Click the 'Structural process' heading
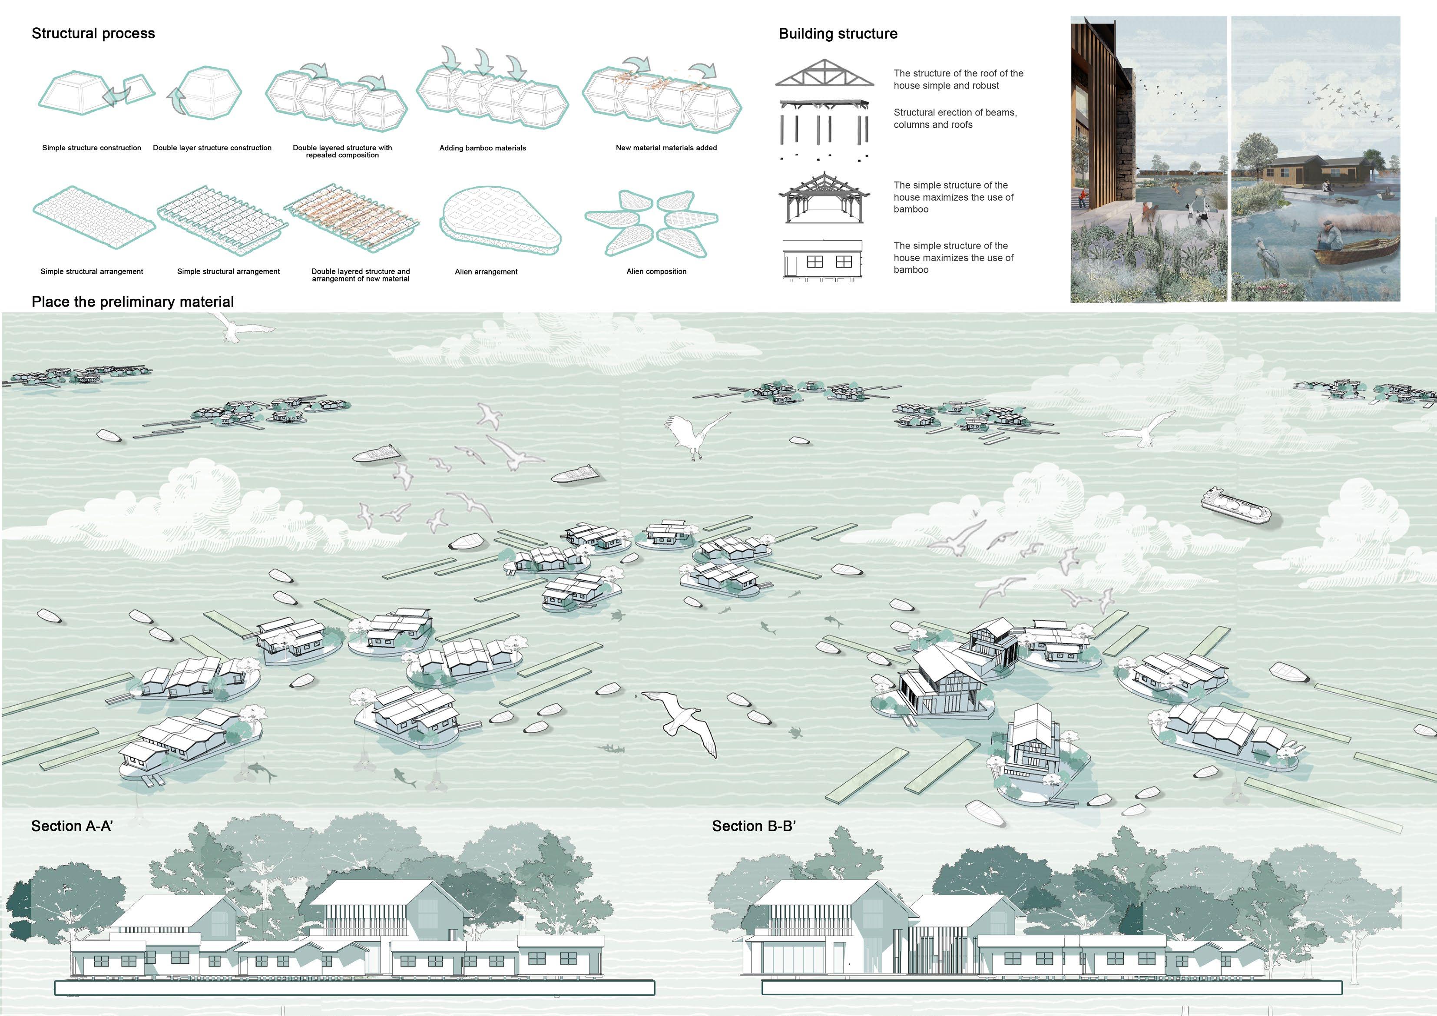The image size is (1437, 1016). (x=93, y=34)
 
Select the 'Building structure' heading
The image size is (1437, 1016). (x=838, y=34)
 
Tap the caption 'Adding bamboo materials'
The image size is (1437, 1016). (x=483, y=149)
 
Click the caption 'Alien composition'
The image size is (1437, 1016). (x=656, y=271)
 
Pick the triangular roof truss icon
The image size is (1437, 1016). (x=824, y=73)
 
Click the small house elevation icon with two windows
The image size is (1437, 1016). (x=822, y=260)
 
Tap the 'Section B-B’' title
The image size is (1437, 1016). (x=754, y=826)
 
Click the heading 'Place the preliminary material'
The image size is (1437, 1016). (x=132, y=302)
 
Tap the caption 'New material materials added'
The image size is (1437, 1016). (x=666, y=149)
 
